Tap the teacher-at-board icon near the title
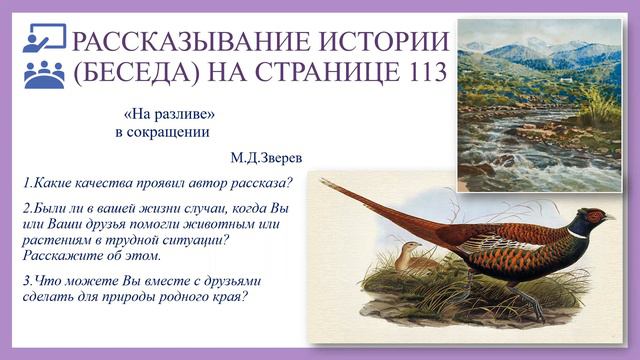(43, 39)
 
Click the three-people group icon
(43, 75)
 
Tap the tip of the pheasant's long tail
(325, 183)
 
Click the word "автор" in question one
(198, 183)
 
